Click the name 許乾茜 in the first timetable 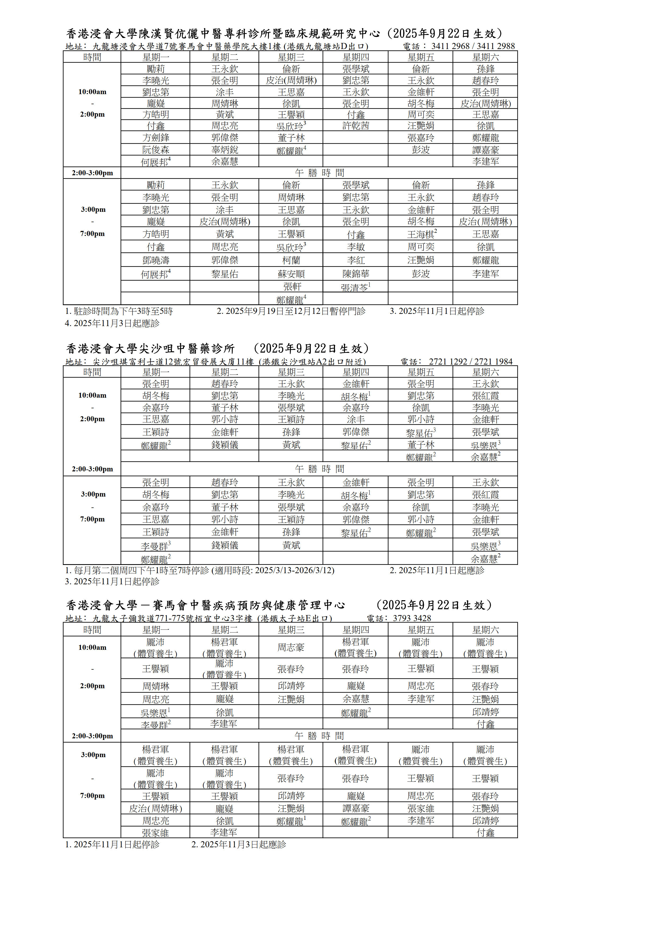356,126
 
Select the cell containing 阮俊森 156,150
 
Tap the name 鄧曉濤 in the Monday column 156,260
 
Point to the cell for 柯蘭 291,260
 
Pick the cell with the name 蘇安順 291,274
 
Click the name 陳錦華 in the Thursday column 356,274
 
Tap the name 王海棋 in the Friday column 421,234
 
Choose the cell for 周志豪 291,647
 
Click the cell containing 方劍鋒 156,138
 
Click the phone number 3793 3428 412,618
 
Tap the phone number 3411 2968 450,46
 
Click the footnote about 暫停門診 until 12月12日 291,311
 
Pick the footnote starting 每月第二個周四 199,570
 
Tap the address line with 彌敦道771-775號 199,618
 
